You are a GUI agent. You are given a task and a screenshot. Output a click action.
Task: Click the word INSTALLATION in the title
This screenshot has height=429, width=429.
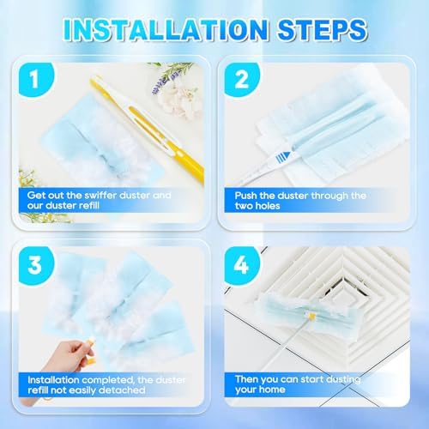pyautogui.click(x=166, y=30)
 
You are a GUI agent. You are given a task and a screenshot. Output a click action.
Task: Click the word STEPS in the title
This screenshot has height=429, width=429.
pyautogui.click(x=323, y=30)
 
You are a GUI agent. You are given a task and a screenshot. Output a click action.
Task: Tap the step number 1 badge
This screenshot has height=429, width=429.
pyautogui.click(x=35, y=79)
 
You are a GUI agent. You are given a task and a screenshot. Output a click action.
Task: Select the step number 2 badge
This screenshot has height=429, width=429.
pyautogui.click(x=242, y=79)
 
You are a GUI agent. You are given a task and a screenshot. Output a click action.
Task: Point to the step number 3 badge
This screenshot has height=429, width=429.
pyautogui.click(x=35, y=265)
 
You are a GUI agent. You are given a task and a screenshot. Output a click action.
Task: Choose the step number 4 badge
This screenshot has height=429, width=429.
pyautogui.click(x=242, y=265)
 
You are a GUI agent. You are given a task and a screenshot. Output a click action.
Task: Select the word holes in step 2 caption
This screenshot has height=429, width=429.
pyautogui.click(x=267, y=206)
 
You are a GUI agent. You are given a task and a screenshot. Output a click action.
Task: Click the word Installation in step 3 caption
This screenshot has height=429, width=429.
pyautogui.click(x=54, y=380)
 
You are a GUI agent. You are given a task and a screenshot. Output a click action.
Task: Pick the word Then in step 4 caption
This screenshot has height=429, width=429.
pyautogui.click(x=247, y=379)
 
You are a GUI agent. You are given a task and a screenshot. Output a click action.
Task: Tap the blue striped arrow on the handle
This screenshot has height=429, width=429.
pyautogui.click(x=283, y=157)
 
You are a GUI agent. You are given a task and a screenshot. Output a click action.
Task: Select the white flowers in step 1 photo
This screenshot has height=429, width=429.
pyautogui.click(x=178, y=100)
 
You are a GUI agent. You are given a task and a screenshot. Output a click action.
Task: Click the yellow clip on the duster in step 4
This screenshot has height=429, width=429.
pyautogui.click(x=311, y=316)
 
